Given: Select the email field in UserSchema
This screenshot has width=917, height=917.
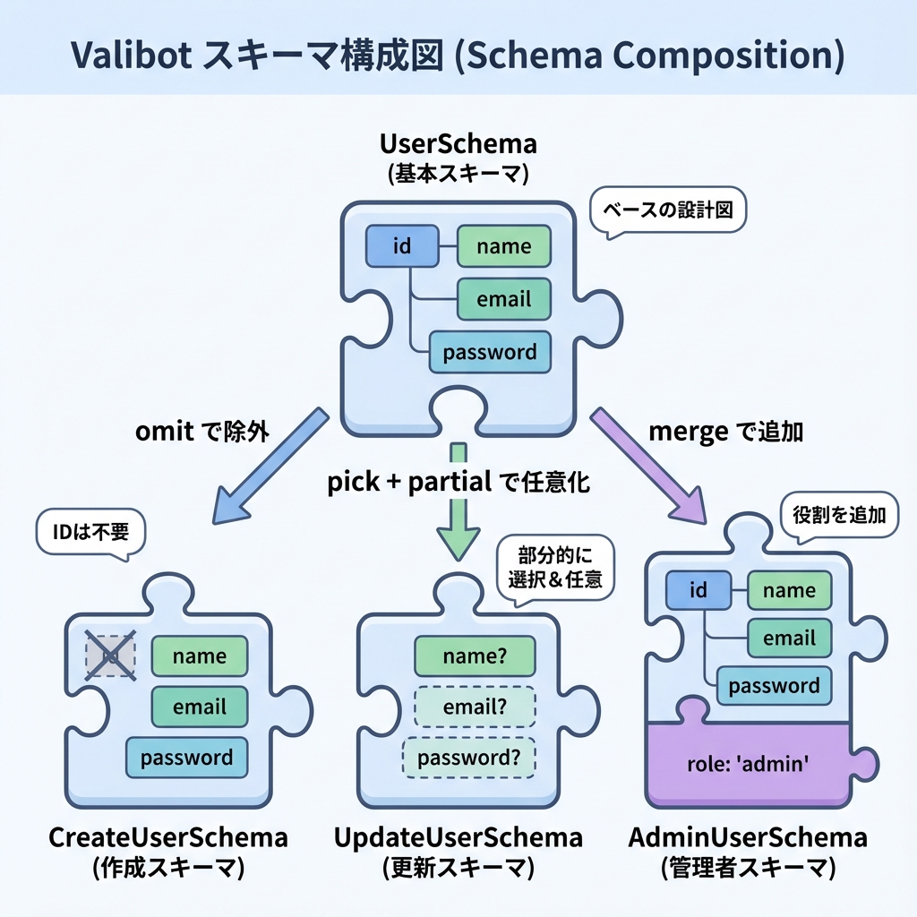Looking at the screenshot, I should click(x=503, y=299).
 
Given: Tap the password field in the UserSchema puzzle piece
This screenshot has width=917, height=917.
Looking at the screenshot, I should click(x=490, y=352).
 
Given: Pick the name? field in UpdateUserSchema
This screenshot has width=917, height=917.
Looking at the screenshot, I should click(x=476, y=656).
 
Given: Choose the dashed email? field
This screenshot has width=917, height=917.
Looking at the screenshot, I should click(x=475, y=707).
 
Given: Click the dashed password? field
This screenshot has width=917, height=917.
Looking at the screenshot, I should click(x=468, y=758).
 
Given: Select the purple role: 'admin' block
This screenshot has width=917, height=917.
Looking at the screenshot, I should click(x=748, y=763).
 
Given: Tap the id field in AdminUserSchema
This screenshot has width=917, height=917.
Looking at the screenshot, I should click(x=698, y=590).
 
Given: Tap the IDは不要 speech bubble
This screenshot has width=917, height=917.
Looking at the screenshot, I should click(x=90, y=533).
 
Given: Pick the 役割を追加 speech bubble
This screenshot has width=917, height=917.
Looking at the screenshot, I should click(x=839, y=515).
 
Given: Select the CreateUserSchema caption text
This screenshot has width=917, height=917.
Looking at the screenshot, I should click(x=167, y=838).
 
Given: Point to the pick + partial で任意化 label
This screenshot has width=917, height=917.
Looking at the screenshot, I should click(x=458, y=483).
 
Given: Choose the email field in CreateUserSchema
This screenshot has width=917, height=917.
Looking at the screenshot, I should click(x=199, y=707).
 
